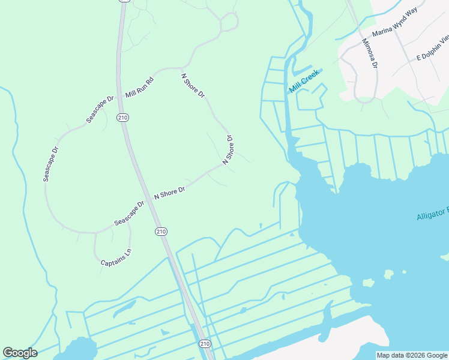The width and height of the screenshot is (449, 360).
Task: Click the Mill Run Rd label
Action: coord(140,88)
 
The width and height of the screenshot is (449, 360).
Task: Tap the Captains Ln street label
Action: coord(116,259)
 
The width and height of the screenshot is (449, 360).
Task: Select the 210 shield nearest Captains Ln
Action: coord(161,232)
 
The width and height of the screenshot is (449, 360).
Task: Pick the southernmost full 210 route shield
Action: coord(205,343)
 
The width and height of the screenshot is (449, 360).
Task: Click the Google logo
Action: coord(20,353)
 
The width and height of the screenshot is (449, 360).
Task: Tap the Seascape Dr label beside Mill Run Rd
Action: coord(100,109)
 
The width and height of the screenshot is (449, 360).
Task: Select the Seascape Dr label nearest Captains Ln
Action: coord(130,213)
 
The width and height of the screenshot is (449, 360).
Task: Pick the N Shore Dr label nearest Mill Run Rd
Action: coord(193,86)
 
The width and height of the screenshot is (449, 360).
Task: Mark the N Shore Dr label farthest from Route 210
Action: coord(228,150)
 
